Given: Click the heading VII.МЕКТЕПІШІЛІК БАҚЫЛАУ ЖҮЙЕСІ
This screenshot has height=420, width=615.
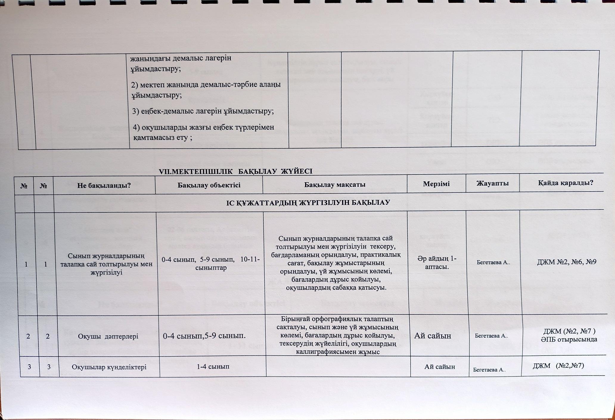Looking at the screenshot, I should point(236,172).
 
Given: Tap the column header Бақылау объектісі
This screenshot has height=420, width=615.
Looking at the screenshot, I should point(209,185).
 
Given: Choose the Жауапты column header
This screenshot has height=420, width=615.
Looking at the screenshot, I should point(492,183).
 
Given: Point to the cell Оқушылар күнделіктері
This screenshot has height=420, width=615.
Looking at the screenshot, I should point(109,367).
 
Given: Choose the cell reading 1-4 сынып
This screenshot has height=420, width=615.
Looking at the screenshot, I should point(213,366).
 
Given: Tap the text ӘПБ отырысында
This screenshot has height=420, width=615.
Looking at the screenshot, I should point(569,339).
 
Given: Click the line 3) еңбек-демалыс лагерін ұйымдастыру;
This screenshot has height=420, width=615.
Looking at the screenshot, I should point(203,111).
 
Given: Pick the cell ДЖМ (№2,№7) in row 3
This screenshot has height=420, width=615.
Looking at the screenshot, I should point(558,365).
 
